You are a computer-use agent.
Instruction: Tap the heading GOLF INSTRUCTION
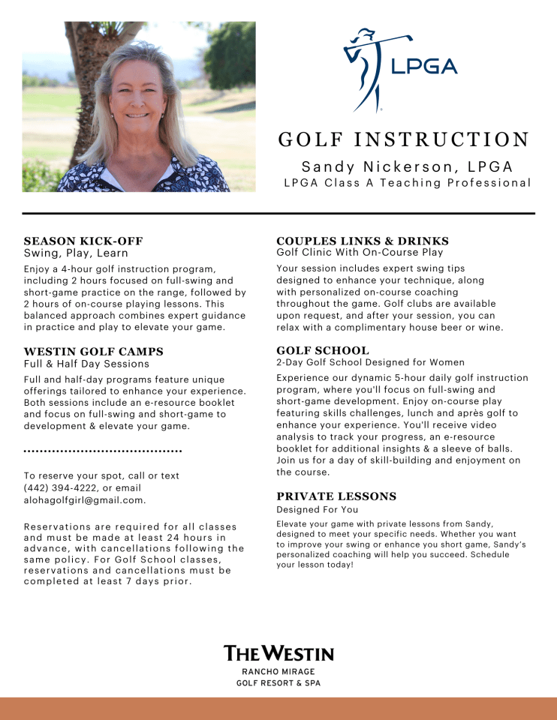pyautogui.click(x=404, y=140)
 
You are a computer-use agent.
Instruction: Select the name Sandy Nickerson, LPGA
pyautogui.click(x=407, y=166)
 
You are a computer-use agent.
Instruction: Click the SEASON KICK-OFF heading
pyautogui.click(x=83, y=241)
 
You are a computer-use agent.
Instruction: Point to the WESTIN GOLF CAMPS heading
pyautogui.click(x=94, y=352)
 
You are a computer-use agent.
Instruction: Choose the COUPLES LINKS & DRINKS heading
pyautogui.click(x=363, y=241)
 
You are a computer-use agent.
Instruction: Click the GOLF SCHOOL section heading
pyautogui.click(x=323, y=350)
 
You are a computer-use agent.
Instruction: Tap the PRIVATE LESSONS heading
pyautogui.click(x=336, y=496)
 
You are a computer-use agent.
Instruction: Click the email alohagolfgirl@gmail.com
pyautogui.click(x=84, y=500)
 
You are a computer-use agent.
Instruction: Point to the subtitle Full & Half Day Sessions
pyautogui.click(x=86, y=364)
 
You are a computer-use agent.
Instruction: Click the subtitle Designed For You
pyautogui.click(x=317, y=510)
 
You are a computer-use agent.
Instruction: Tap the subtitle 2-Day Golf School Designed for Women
pyautogui.click(x=370, y=363)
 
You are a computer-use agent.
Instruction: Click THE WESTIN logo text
pyautogui.click(x=278, y=653)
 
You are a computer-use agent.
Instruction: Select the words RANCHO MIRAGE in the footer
pyautogui.click(x=278, y=672)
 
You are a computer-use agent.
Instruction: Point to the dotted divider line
pyautogui.click(x=103, y=451)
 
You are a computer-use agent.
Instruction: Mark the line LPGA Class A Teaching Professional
pyautogui.click(x=407, y=183)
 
